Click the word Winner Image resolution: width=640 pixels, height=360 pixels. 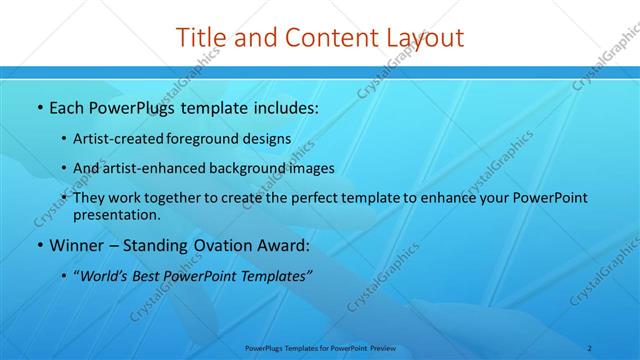pyautogui.click(x=78, y=244)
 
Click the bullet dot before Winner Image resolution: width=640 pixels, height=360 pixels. pyautogui.click(x=39, y=245)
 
